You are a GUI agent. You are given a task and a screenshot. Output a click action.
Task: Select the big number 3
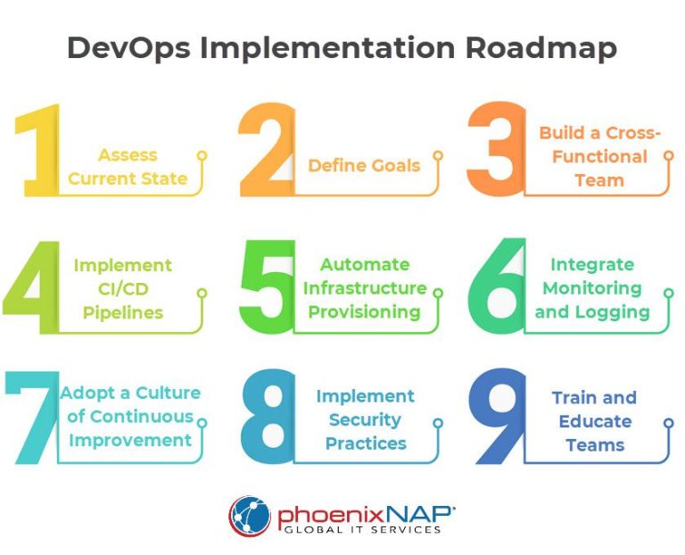494,150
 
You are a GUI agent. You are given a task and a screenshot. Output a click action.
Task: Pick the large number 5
268,286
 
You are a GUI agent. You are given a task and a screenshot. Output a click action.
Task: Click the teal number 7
32,417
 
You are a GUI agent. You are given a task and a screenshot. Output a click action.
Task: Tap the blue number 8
268,417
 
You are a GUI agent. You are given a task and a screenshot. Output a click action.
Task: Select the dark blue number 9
498,417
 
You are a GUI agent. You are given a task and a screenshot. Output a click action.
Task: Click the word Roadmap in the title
541,48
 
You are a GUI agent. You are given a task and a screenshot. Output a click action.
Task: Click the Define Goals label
364,165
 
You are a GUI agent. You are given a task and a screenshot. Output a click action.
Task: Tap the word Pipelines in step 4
123,312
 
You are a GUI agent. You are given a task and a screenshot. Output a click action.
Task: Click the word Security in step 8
366,420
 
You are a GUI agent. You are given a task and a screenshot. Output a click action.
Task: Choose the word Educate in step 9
595,421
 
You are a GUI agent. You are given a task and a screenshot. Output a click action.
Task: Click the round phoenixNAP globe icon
250,517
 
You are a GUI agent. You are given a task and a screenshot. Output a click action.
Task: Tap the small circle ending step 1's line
202,155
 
